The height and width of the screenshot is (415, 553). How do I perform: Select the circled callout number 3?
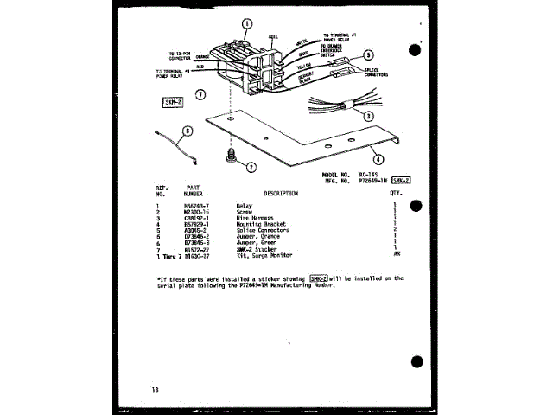coord(369,115)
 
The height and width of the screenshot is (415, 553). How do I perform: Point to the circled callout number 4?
coord(378,158)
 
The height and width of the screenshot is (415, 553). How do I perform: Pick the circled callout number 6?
coord(186,131)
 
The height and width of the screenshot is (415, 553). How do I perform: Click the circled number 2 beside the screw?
coord(251,167)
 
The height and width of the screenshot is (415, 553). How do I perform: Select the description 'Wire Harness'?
coord(254,218)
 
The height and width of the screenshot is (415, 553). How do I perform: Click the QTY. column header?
coord(397,194)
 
